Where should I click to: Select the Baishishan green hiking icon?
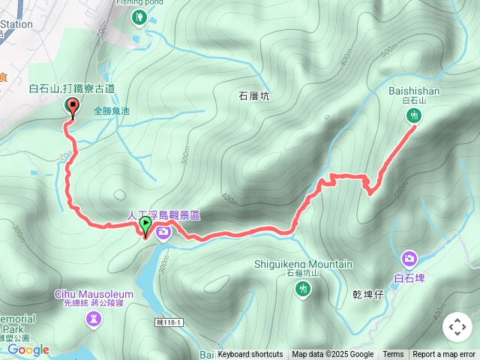coord(414,115)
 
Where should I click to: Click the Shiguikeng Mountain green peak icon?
coord(303,289)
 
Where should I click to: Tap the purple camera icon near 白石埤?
coord(409,259)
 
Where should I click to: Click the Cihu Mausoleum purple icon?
coord(93,320)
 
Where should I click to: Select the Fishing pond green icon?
coord(138,17)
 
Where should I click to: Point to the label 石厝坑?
coord(253,96)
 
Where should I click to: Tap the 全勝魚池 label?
coord(112,111)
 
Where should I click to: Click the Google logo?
coord(28,349)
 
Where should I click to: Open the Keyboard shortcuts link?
coord(250,355)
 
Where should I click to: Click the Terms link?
coord(393,355)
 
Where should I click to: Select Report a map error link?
coord(444,355)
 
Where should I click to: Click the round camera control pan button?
coord(457,327)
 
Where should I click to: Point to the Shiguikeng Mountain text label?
coord(304,264)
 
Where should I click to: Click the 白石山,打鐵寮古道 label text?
coord(72,88)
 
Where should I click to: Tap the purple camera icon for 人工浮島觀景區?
coord(163,232)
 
